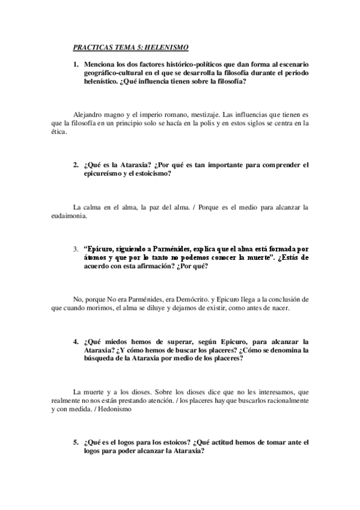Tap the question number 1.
76,64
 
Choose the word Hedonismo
107,409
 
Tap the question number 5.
76,442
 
